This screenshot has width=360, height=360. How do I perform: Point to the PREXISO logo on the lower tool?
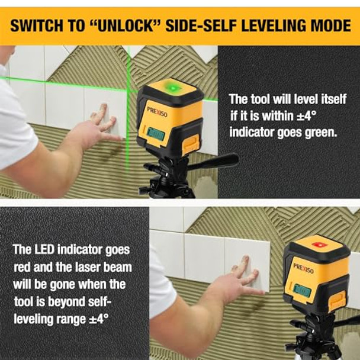pos(303,268)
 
